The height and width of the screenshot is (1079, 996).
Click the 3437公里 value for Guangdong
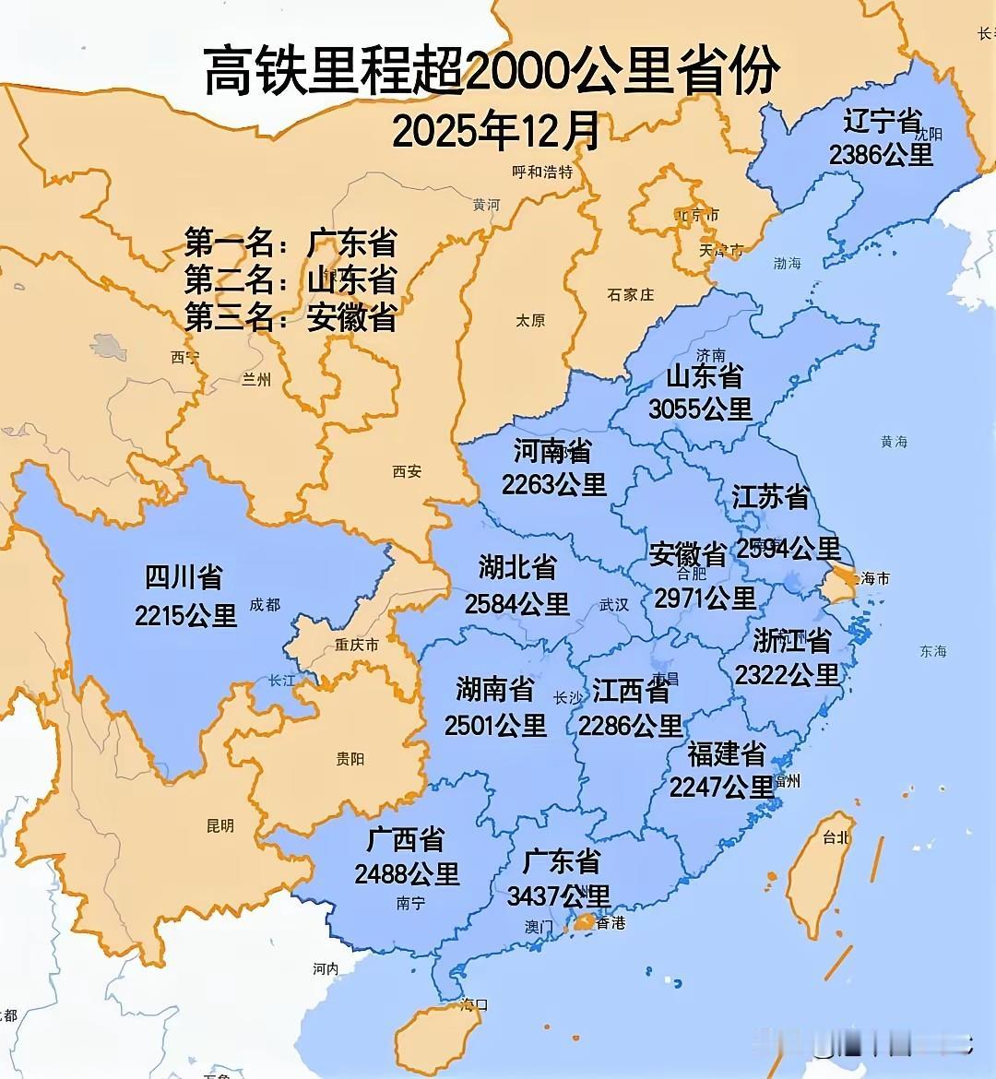point(559,895)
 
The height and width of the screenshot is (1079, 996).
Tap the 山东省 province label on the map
point(705,376)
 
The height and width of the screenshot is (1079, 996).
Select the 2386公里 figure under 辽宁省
point(881,154)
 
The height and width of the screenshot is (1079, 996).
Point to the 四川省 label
point(184,578)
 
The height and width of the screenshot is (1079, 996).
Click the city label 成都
point(265,605)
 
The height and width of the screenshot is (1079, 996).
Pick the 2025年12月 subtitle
point(496,131)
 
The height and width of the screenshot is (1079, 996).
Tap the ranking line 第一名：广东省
point(290,243)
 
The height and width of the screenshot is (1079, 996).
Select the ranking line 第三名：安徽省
point(290,317)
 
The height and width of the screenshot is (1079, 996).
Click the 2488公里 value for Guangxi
point(407,872)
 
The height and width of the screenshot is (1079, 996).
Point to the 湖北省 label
point(517,567)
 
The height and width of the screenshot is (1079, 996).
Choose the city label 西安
point(407,471)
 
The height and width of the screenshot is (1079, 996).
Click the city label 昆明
point(220,826)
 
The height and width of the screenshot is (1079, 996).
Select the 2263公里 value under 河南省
point(553,483)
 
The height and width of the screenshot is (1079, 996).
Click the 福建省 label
point(727,754)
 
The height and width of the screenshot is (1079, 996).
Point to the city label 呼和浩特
point(542,172)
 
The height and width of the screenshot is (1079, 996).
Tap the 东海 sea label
point(932,651)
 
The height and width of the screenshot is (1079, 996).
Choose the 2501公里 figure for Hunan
point(495,725)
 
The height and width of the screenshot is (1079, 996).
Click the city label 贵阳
point(350,759)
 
